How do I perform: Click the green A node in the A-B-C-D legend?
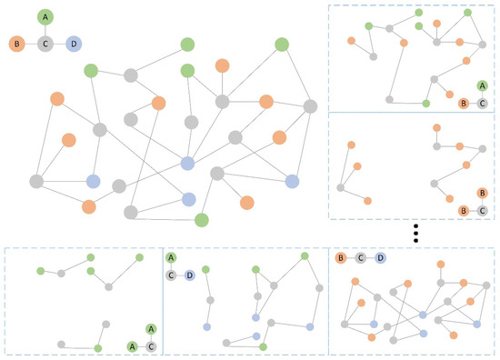pos(45,15)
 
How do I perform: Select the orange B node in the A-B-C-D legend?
pos(15,43)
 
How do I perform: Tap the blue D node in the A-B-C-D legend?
pos(74,43)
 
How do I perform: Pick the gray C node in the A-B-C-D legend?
pos(45,43)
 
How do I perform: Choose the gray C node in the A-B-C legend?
pos(482,103)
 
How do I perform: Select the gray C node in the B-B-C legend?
pos(482,211)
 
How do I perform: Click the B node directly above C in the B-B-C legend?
pos(482,193)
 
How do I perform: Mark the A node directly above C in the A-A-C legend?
pos(151,328)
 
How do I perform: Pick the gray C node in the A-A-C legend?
pos(151,345)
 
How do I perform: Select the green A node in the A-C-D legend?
pos(171,258)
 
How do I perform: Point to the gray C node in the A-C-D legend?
pos(171,275)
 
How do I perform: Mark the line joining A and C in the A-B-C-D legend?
pos(45,29)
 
